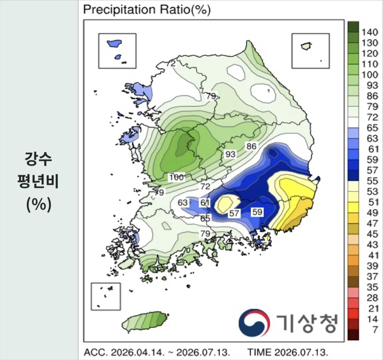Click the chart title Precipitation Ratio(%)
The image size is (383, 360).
tap(147, 10)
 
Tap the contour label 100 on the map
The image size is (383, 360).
tap(176, 177)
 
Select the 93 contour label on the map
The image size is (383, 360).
tap(230, 154)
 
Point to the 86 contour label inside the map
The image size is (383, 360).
tap(251, 147)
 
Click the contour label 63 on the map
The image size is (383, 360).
tap(183, 203)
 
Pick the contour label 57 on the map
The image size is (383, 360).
tap(234, 213)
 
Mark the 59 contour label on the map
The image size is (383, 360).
tap(257, 212)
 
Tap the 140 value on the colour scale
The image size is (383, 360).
tap(370, 32)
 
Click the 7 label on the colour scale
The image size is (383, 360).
tap(375, 330)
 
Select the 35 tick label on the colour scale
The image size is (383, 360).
tap(372, 287)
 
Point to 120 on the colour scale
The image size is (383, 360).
tap(370, 54)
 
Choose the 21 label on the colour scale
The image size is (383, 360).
tap(372, 309)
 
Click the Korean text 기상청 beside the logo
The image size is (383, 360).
tap(307, 323)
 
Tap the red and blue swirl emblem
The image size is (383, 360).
tap(254, 323)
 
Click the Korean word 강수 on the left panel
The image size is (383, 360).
tap(38, 159)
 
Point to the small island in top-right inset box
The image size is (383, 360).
tap(306, 46)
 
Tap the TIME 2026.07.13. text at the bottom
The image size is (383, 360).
tap(288, 353)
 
